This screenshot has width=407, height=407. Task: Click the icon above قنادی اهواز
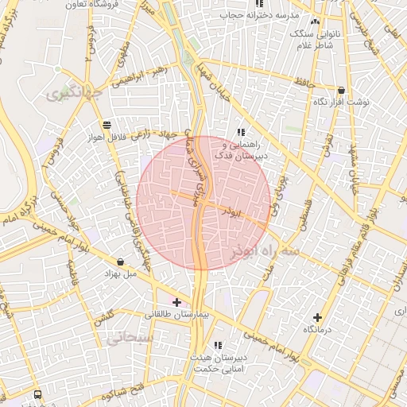[107, 125]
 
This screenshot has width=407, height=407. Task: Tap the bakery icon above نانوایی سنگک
[316, 21]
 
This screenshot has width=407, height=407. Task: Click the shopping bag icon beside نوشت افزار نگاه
[341, 91]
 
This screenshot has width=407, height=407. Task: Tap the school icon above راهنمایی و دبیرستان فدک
[240, 132]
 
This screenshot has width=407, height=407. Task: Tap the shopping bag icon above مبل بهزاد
[120, 262]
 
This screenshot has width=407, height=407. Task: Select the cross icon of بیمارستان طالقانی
[176, 302]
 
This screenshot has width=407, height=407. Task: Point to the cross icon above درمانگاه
[318, 317]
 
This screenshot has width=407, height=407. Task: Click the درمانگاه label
[318, 329]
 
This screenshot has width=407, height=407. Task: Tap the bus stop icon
[39, 393]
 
